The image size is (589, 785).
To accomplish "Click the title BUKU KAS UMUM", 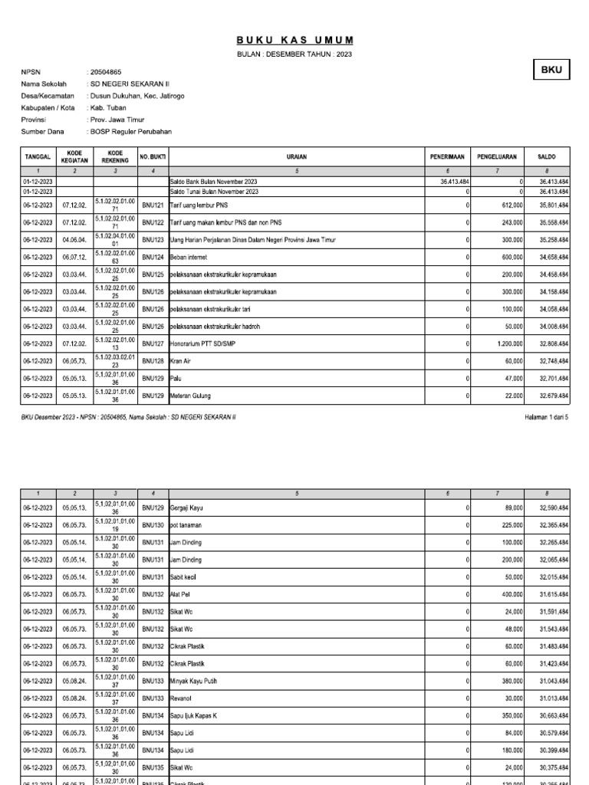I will click(x=295, y=40).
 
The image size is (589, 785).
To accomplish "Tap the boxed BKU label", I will click(x=551, y=70).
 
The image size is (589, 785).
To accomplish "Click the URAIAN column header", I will click(x=296, y=156).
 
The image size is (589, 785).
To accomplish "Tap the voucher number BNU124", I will click(x=153, y=257).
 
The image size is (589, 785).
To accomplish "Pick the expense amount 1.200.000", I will click(x=508, y=343).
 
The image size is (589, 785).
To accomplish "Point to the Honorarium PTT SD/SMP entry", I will click(x=204, y=343).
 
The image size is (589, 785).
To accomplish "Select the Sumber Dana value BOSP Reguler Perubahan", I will click(x=131, y=132).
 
